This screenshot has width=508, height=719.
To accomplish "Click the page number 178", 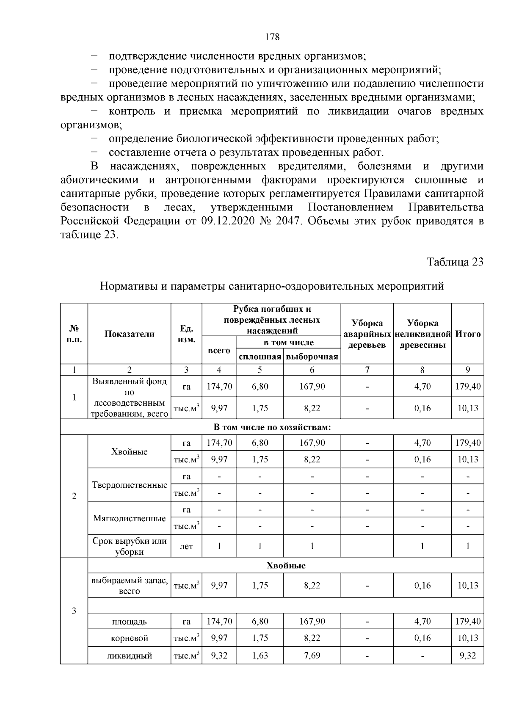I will pos(272,37).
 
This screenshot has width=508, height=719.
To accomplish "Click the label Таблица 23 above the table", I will pos(455,262).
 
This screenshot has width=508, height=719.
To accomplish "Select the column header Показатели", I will pos(130,334).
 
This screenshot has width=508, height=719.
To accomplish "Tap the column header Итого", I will pos(468,334).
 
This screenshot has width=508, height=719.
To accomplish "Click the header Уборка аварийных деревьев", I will pos(367,334).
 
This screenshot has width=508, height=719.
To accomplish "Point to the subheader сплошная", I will pos(260,357).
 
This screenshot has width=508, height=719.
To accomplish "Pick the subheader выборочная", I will pos(312,357).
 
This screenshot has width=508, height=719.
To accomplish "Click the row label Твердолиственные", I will pos(130,485).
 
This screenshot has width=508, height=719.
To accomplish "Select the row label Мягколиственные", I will pos(130,518).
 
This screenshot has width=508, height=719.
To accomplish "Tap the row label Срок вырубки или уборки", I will pos(130,546).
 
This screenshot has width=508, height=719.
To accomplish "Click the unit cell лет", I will pos(186,546).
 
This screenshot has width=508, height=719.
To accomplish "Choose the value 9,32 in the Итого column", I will pos(468,656).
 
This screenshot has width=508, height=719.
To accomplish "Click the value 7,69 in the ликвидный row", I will pos(312,656).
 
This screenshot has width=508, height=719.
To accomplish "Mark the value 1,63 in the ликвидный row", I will pos(260,656).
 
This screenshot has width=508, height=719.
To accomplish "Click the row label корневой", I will pos(130,638).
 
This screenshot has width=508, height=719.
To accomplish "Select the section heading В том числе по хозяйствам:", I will pos(272,427).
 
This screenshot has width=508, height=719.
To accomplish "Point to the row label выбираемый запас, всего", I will pos(130,586).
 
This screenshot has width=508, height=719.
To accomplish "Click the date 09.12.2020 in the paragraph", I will pos(228,221).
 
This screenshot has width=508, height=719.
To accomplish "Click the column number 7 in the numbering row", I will pos(367,370).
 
